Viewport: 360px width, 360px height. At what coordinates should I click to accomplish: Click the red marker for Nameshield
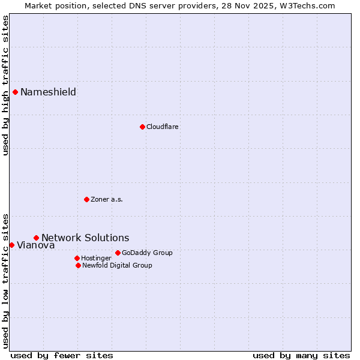tap(15, 92)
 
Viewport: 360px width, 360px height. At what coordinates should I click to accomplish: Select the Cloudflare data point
tap(142, 127)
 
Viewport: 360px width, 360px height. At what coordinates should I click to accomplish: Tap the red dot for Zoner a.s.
tap(86, 199)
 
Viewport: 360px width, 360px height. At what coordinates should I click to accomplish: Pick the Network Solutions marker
tap(36, 238)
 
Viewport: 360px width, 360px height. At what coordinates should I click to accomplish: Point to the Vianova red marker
tap(11, 245)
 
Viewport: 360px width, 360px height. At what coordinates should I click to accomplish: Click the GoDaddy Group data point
tap(118, 253)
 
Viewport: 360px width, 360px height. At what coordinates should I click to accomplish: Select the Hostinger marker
tap(77, 258)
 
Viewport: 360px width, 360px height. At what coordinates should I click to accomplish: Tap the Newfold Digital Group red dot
tap(78, 265)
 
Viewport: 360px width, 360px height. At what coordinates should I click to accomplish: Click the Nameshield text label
tap(48, 92)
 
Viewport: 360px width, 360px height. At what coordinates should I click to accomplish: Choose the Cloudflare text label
tap(162, 127)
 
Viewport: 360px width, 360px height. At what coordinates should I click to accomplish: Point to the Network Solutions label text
tap(85, 238)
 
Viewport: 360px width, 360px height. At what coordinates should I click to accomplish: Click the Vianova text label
tap(35, 245)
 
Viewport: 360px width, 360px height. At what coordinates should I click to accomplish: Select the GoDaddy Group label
tap(147, 253)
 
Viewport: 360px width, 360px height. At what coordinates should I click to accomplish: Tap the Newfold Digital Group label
tap(117, 265)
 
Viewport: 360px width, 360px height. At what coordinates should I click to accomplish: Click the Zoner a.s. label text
tap(107, 199)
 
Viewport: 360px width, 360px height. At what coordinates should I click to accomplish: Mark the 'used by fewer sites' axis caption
tap(62, 355)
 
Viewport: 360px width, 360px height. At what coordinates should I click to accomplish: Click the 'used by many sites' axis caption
tap(301, 355)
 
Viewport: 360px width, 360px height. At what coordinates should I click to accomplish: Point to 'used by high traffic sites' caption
tap(5, 85)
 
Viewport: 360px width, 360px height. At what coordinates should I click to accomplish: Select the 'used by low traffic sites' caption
tap(5, 280)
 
